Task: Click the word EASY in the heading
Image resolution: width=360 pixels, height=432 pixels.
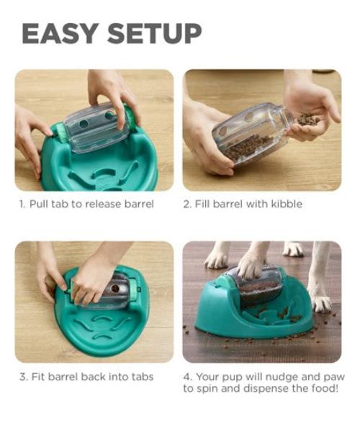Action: (60, 34)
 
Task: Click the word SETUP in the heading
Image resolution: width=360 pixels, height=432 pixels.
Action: (155, 34)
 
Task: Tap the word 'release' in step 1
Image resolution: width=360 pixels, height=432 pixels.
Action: (103, 204)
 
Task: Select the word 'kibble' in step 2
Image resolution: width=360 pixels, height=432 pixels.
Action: (287, 204)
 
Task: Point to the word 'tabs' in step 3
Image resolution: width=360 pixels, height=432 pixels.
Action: (142, 377)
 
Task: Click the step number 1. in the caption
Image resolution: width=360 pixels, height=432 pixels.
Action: (22, 204)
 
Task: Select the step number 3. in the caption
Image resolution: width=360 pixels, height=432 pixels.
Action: (24, 377)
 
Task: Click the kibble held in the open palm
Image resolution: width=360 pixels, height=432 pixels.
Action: (308, 120)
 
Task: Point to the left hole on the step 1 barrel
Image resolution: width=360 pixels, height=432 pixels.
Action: (84, 124)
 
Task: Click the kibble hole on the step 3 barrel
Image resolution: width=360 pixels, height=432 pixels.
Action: (115, 289)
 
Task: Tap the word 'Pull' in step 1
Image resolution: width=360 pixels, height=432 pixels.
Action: (40, 204)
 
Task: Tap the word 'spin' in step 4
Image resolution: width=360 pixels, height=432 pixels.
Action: (207, 390)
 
